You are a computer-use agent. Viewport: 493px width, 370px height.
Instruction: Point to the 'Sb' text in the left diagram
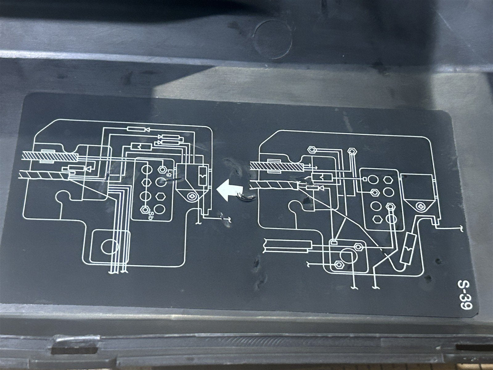coord(150,215)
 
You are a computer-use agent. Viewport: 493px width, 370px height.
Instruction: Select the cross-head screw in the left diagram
coord(192,196)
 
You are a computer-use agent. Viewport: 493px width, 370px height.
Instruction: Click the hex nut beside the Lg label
coord(162,169)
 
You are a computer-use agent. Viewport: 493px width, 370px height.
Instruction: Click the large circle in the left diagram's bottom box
coord(110,246)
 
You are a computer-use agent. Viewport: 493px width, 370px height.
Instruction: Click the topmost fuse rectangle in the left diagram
coord(136,129)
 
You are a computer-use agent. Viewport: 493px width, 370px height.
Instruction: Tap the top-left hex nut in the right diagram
coord(312,150)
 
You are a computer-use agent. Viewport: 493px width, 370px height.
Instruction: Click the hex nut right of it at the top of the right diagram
coord(352,152)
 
